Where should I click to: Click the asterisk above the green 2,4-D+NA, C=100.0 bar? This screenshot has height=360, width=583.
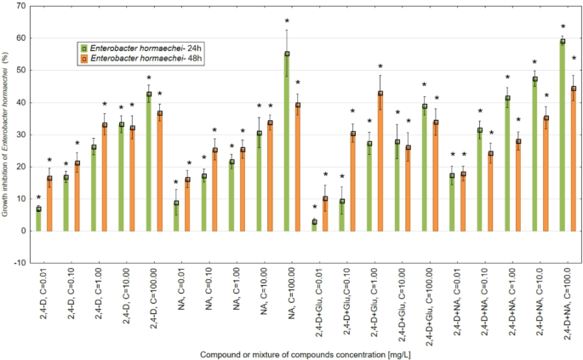coord(563,27)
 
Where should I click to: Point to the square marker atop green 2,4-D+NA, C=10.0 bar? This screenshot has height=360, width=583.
coord(534,80)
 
